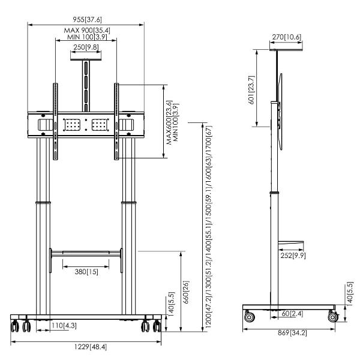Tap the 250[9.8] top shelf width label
(x=86, y=47)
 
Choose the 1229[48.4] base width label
(x=86, y=347)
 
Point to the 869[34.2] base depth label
(x=291, y=332)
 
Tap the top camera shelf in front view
(x=86, y=59)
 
